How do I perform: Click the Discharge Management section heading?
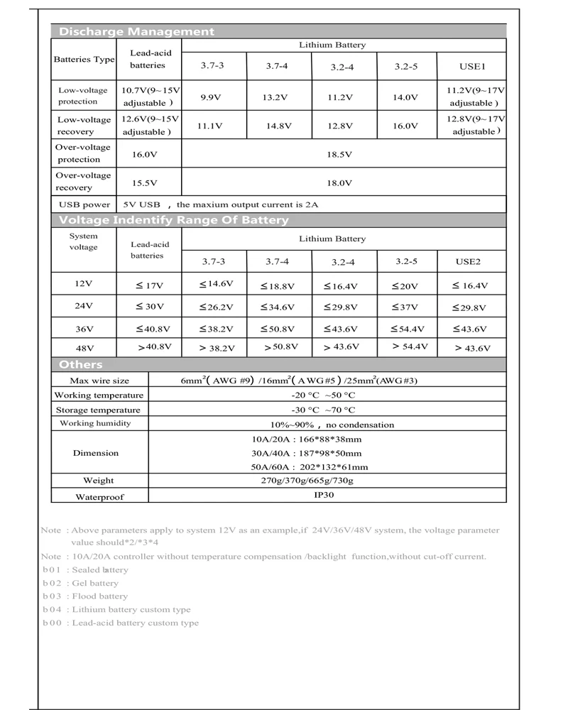(136, 31)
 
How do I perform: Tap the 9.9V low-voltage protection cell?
(212, 97)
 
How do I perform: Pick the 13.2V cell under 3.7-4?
(277, 97)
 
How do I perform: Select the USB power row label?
(84, 204)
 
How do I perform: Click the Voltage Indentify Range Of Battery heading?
(174, 220)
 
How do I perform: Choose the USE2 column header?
(469, 262)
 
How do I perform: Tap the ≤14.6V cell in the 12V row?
(216, 284)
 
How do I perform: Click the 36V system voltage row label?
(84, 328)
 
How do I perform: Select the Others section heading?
(81, 364)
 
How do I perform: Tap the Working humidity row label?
(95, 423)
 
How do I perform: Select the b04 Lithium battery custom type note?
(117, 610)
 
